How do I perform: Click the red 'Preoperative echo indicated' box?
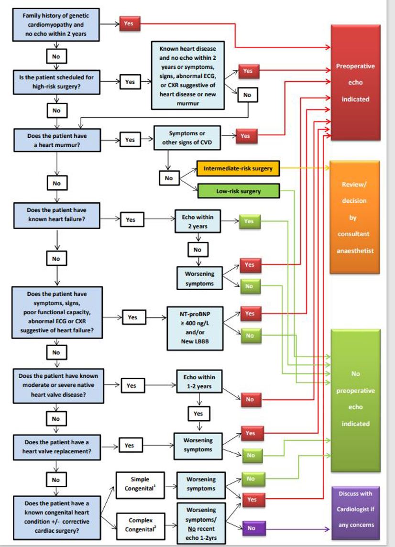(355, 82)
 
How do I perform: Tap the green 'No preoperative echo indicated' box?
(355, 400)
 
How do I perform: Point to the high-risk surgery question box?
(56, 82)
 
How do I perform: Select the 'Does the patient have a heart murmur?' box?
(56, 140)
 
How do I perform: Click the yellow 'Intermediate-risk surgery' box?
(238, 169)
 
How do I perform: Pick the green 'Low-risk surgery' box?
(238, 191)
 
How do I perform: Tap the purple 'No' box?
(251, 528)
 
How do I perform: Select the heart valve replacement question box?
(56, 446)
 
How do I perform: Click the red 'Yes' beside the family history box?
(129, 23)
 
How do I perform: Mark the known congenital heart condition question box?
(56, 516)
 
